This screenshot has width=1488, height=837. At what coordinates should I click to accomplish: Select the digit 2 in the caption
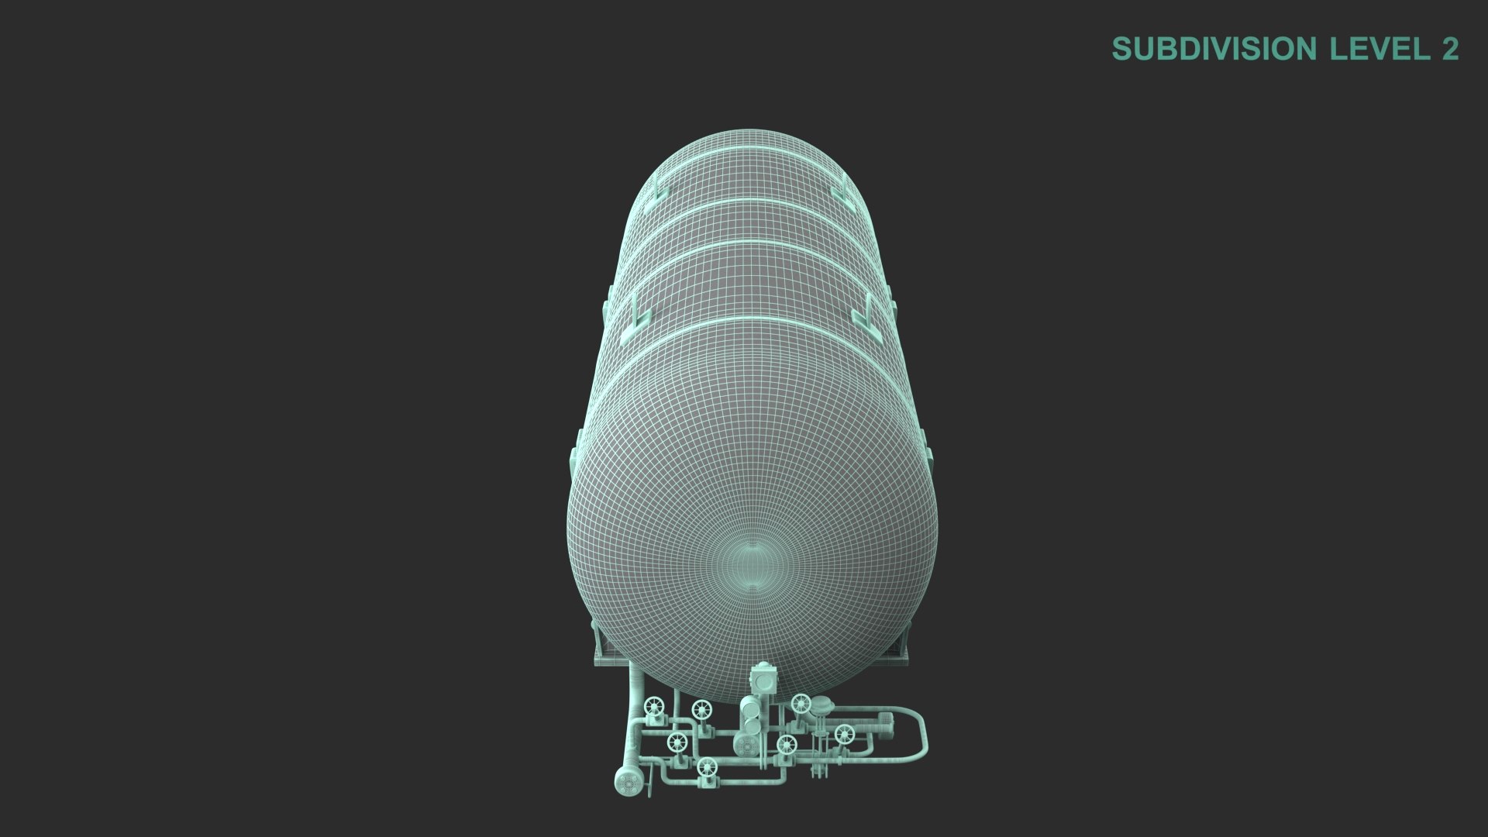coord(1450,49)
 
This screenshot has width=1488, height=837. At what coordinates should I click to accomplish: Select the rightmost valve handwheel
coord(844,734)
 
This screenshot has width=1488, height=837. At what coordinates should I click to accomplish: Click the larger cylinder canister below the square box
coord(749,709)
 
